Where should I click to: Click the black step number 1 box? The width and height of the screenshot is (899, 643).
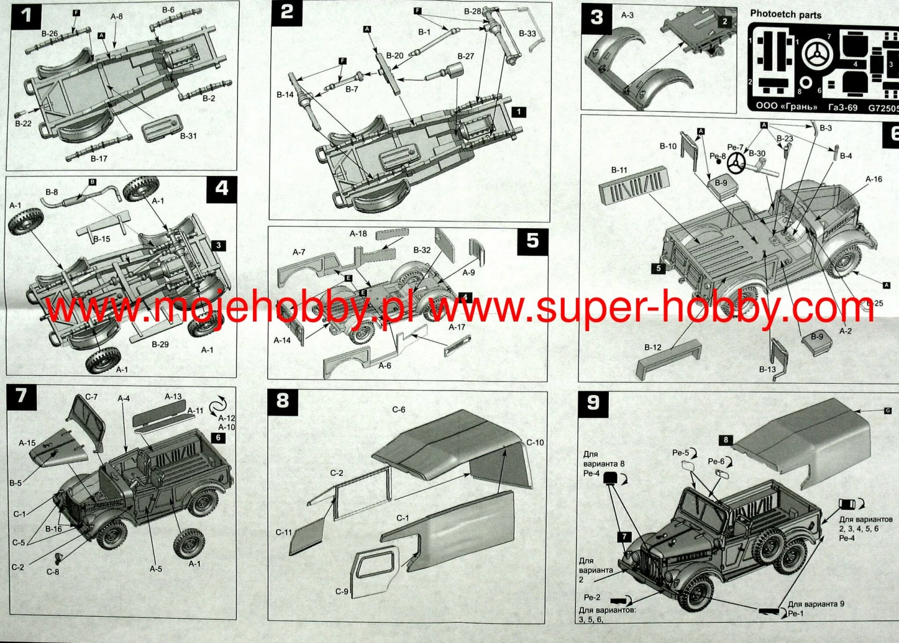point(26,15)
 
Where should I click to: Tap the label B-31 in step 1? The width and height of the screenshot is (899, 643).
point(188,136)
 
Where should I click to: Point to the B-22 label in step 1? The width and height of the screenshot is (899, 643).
point(23,123)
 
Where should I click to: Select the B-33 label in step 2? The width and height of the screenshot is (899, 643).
point(527,34)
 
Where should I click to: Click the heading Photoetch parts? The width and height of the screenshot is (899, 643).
point(785,14)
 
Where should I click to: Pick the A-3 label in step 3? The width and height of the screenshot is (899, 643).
point(627,15)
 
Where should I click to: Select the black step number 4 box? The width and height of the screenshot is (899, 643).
point(221,189)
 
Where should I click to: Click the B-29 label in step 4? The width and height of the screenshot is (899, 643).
point(160,344)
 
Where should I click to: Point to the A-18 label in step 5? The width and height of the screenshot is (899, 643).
point(358,233)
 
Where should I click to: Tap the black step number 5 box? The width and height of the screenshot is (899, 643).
point(532,241)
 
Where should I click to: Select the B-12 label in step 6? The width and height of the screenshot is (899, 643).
point(653,347)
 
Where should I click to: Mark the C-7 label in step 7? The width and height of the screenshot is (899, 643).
point(91,397)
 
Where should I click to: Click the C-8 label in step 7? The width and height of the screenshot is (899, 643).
point(53,572)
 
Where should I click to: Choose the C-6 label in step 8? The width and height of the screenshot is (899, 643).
point(399,410)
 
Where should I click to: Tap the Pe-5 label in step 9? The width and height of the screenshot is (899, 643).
point(680,453)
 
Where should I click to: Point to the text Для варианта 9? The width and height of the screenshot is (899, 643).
point(816,603)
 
